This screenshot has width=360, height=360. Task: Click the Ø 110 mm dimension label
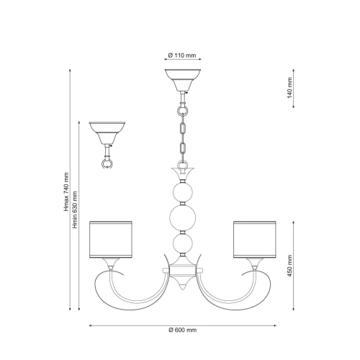tap(182, 55)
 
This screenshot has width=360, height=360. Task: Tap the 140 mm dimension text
tap(289, 88)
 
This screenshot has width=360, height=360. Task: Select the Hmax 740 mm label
tap(66, 192)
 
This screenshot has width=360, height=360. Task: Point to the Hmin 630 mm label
tap(75, 210)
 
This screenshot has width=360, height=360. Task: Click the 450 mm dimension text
tap(289, 266)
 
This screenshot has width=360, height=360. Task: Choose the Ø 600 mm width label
tap(182, 330)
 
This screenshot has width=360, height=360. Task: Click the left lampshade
tap(111, 240)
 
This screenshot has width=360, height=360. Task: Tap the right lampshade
tap(255, 240)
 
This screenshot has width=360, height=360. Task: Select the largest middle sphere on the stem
tap(183, 218)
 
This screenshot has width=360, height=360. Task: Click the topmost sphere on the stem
tap(183, 192)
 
